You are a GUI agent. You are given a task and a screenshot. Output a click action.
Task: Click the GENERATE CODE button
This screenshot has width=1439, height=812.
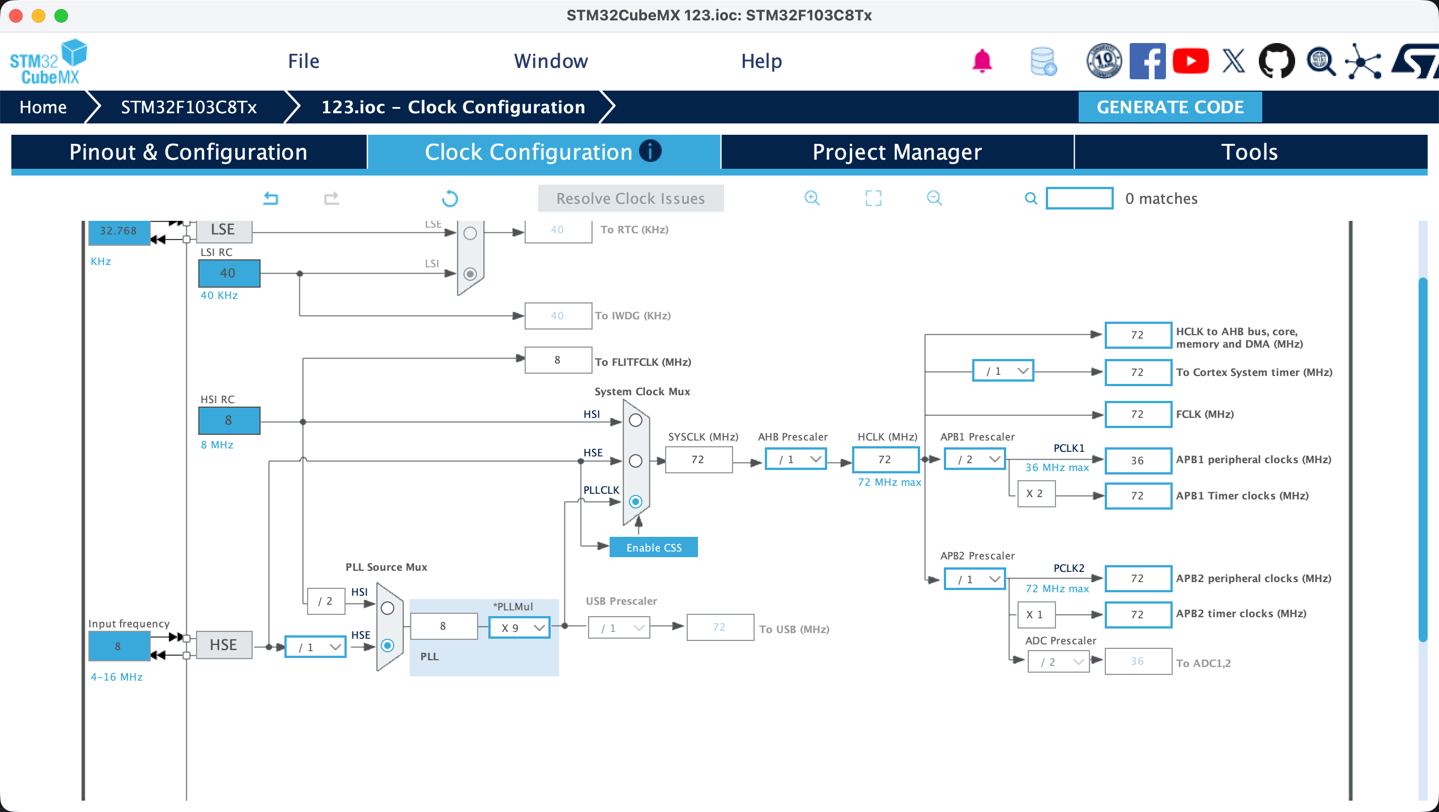click(x=1170, y=107)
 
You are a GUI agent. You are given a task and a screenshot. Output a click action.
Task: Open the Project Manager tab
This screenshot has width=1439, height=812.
click(x=897, y=152)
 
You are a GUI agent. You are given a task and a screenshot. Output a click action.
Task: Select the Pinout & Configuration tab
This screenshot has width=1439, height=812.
click(x=189, y=152)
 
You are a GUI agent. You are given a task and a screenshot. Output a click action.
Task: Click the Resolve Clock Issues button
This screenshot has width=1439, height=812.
click(x=631, y=198)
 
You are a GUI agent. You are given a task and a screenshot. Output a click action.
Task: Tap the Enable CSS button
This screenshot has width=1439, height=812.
click(x=654, y=548)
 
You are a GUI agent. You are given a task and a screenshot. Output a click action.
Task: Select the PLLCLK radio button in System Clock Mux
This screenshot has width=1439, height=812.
click(x=636, y=502)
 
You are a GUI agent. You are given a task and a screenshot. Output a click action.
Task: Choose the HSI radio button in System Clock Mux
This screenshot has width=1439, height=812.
click(x=636, y=420)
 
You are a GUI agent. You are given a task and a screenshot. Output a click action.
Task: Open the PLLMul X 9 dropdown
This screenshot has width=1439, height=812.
click(x=520, y=628)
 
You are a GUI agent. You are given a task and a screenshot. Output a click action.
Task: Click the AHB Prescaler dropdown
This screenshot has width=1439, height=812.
click(x=796, y=459)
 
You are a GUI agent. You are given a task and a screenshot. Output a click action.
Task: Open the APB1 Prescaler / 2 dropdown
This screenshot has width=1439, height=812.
click(x=975, y=459)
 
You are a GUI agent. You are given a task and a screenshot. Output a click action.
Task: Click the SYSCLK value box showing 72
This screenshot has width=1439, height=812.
click(x=699, y=459)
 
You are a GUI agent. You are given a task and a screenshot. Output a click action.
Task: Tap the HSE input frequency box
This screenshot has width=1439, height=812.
click(x=119, y=646)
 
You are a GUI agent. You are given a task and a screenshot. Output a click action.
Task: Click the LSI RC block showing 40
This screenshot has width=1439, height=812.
click(x=229, y=273)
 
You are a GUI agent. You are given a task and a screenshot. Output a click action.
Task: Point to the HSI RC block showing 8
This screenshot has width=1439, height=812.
click(x=229, y=420)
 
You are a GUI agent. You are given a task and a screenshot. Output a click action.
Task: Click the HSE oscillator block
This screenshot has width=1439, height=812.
click(x=224, y=645)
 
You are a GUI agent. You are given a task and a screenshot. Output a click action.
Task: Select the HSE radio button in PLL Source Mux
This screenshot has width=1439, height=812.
click(x=388, y=646)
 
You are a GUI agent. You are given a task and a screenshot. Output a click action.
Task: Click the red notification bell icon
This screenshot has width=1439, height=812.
click(x=982, y=61)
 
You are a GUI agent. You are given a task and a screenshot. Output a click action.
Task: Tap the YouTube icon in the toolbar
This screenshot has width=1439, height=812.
click(x=1191, y=61)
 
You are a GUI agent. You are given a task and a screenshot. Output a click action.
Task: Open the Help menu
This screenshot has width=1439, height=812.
click(x=761, y=61)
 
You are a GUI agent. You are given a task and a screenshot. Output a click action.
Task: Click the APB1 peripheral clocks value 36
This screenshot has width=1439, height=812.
click(x=1138, y=460)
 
